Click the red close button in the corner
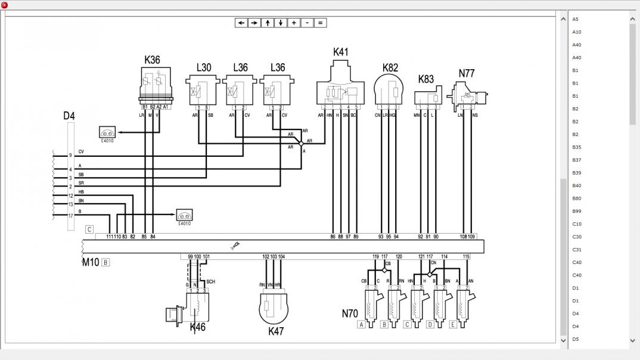click(4, 5)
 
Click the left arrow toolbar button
click(241, 23)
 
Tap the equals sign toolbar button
click(320, 23)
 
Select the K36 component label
click(152, 60)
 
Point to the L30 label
click(204, 67)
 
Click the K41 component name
click(340, 52)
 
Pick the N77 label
click(467, 73)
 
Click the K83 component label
click(426, 79)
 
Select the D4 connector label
click(69, 116)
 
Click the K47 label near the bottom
click(276, 331)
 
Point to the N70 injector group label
click(350, 314)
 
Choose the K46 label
click(198, 327)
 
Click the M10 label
click(91, 262)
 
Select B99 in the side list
click(577, 211)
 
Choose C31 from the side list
click(577, 250)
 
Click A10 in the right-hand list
click(577, 32)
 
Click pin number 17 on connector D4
click(70, 215)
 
